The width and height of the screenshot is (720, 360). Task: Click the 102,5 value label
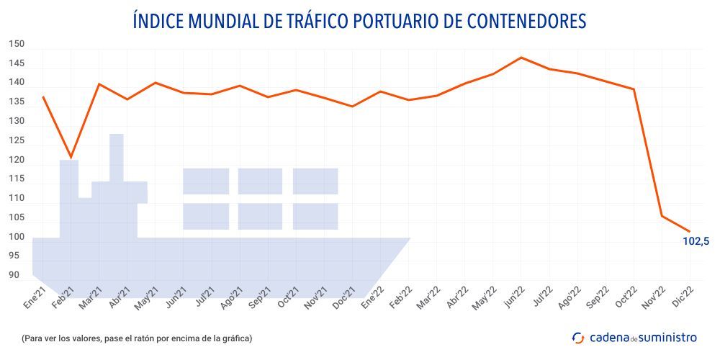tap(696, 241)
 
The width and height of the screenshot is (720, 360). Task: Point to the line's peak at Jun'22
tap(521, 58)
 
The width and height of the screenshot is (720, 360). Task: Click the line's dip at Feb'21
tap(71, 157)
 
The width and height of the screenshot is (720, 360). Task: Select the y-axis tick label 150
tap(17, 44)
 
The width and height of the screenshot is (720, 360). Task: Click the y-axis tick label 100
tap(17, 237)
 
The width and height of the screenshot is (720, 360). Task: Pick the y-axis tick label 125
tap(17, 140)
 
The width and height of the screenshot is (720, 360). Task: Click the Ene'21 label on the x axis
tap(35, 297)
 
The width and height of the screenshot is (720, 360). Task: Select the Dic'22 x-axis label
tap(682, 297)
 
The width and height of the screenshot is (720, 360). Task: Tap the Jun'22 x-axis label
tap(513, 297)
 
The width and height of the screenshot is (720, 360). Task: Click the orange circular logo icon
tap(578, 337)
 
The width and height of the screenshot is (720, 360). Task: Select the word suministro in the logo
tap(667, 337)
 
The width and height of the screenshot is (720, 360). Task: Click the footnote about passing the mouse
tap(137, 338)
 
